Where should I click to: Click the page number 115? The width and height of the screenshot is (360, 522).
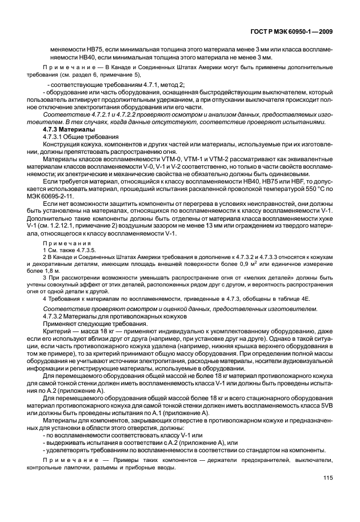[328, 494]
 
